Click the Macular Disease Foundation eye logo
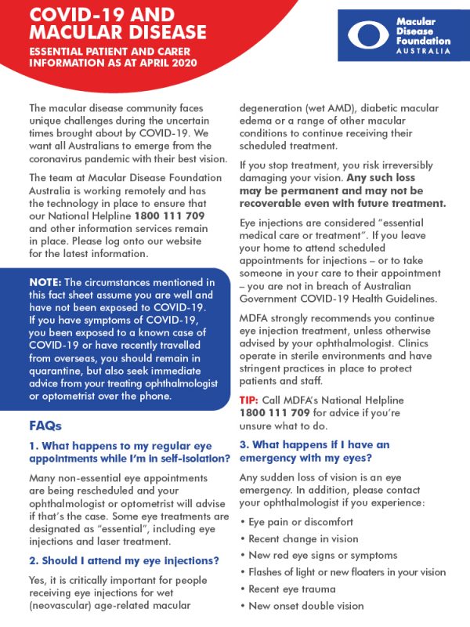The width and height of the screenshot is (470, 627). tap(372, 36)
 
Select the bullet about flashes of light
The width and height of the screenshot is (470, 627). tap(345, 572)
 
